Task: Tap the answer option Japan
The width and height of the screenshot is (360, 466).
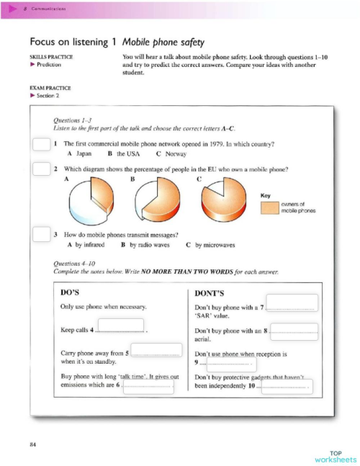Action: tap(79, 154)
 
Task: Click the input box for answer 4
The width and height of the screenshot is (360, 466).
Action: tap(120, 327)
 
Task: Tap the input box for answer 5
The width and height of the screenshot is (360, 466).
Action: tap(156, 351)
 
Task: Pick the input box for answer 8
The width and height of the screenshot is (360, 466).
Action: tap(294, 331)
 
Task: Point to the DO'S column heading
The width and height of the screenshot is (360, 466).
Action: tap(73, 292)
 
